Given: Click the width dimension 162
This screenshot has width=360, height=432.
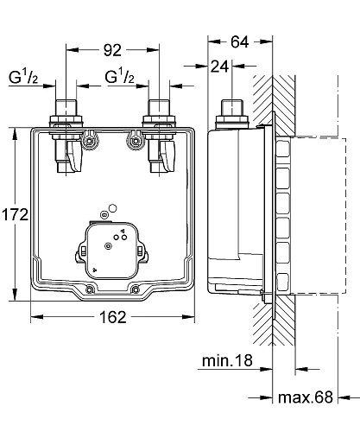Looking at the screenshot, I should (111, 316).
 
